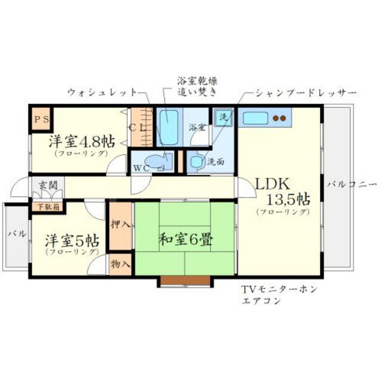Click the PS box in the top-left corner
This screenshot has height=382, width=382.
[42, 118]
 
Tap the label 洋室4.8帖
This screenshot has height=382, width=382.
[82, 142]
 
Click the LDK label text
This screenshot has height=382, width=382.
[273, 184]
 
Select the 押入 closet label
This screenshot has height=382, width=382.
[121, 225]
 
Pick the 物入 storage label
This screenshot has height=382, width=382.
[121, 263]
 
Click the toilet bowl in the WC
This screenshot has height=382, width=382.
[156, 162]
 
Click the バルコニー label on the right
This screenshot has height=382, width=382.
[352, 184]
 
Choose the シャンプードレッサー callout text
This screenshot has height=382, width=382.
[306, 94]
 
